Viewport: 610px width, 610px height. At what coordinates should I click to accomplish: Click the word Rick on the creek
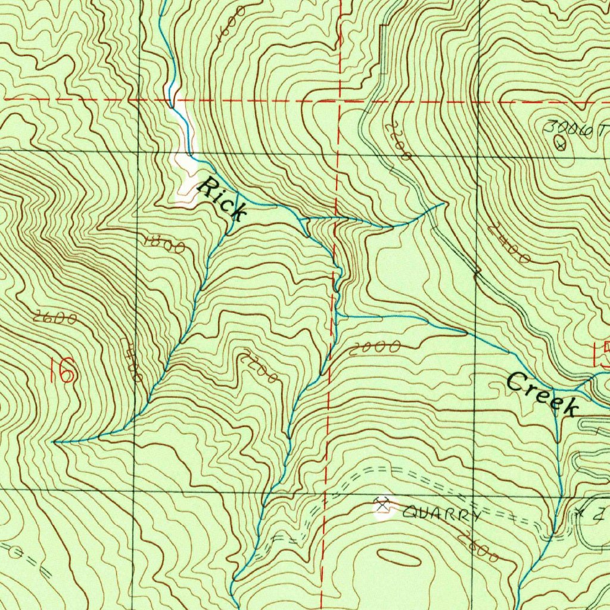pyautogui.click(x=222, y=198)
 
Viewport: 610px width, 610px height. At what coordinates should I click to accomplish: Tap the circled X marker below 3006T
pyautogui.click(x=560, y=143)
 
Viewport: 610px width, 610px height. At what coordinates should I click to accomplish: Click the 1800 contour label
pyautogui.click(x=164, y=243)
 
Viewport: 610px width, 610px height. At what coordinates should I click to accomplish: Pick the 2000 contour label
pyautogui.click(x=375, y=348)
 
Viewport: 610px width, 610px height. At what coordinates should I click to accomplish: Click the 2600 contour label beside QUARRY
pyautogui.click(x=480, y=546)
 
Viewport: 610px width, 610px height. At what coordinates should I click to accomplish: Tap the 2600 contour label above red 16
pyautogui.click(x=55, y=319)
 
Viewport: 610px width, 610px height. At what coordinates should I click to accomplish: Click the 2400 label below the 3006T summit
pyautogui.click(x=508, y=243)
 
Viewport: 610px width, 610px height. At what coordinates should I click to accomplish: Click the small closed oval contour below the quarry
pyautogui.click(x=399, y=556)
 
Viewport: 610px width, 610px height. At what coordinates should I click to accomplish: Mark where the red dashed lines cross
pyautogui.click(x=339, y=100)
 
